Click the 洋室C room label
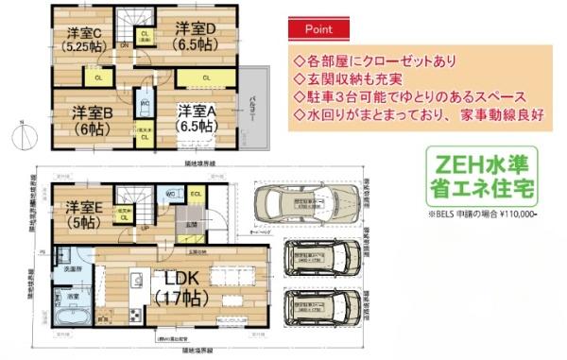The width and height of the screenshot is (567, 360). click(x=82, y=37)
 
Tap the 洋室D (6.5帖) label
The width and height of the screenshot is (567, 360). click(x=193, y=36)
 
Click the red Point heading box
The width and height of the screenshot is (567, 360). click(x=317, y=29)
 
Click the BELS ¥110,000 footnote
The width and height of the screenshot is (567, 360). click(x=482, y=215)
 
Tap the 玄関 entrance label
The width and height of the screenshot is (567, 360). click(x=192, y=224)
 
